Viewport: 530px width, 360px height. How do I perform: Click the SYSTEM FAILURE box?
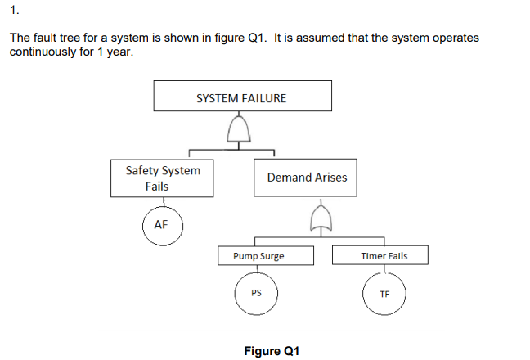[x=243, y=97]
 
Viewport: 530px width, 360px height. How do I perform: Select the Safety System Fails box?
[x=162, y=178]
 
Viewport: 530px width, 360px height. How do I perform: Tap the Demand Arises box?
[x=306, y=178]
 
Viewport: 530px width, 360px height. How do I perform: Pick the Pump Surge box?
[x=258, y=256]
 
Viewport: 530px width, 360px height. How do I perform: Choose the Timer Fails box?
[x=384, y=256]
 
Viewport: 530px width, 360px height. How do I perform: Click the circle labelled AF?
[x=161, y=225]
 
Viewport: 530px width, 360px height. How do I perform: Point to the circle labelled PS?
[x=256, y=295]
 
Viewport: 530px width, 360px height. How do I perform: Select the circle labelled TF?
[x=384, y=295]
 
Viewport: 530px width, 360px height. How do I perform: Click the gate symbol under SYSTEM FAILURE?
[x=238, y=129]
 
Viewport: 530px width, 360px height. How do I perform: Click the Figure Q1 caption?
[x=272, y=350]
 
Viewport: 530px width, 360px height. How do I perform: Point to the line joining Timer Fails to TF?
[x=383, y=270]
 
